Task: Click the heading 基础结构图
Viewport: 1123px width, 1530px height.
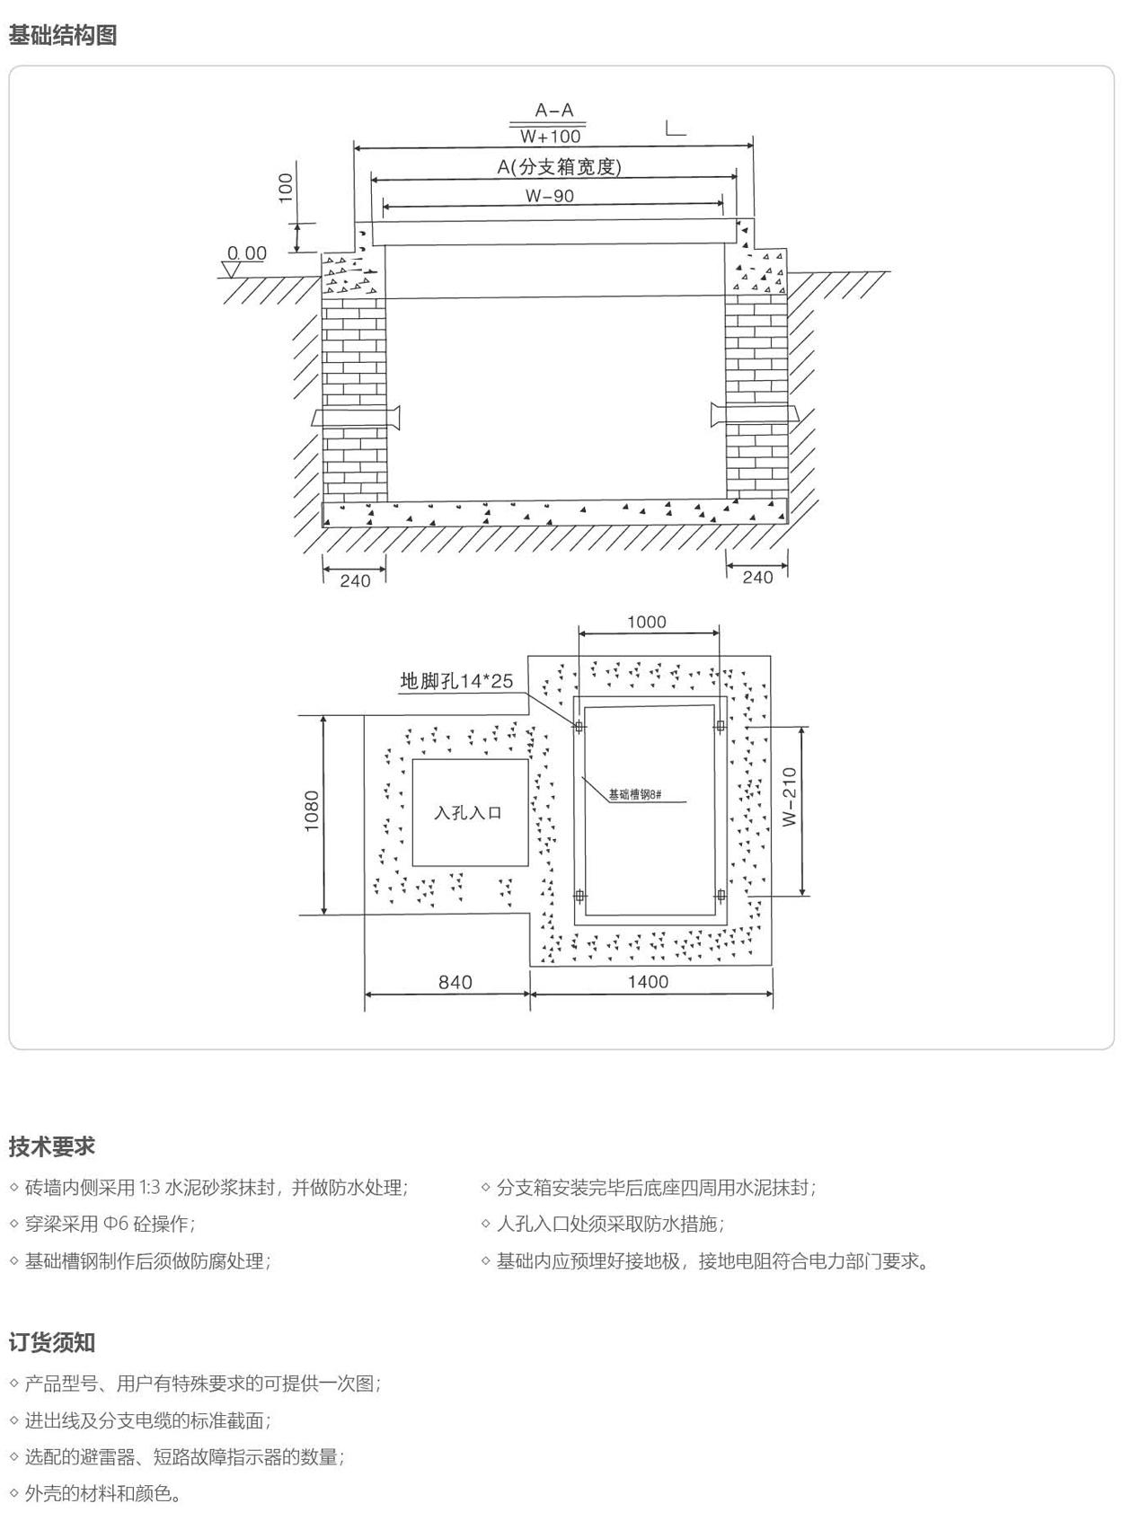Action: click(x=63, y=35)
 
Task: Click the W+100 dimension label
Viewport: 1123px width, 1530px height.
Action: click(x=551, y=137)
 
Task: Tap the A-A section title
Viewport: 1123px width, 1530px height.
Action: click(x=553, y=111)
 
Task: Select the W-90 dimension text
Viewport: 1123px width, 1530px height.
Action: click(x=550, y=196)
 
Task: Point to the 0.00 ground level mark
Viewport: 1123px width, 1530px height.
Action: click(x=247, y=253)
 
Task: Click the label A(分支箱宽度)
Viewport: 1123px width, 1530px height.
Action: click(x=560, y=166)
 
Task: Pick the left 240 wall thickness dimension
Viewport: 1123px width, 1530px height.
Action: click(x=355, y=580)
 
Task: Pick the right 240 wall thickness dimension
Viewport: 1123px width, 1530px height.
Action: click(x=757, y=577)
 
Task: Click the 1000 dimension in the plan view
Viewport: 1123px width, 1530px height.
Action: click(x=647, y=622)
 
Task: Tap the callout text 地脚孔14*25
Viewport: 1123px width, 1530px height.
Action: click(x=456, y=681)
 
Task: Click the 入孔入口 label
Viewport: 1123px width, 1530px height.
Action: click(x=468, y=813)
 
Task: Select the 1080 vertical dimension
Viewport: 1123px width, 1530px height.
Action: click(x=312, y=811)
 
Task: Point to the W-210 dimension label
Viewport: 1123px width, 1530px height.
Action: click(x=790, y=798)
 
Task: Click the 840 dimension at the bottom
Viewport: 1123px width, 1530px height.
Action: click(x=455, y=982)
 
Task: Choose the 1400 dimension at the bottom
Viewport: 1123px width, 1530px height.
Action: click(x=648, y=981)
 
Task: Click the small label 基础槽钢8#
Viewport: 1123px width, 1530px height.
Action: click(x=634, y=795)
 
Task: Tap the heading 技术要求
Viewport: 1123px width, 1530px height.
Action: click(x=52, y=1146)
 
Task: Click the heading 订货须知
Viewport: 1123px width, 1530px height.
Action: click(x=52, y=1342)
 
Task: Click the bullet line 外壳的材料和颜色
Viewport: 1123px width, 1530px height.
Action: click(x=102, y=1493)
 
